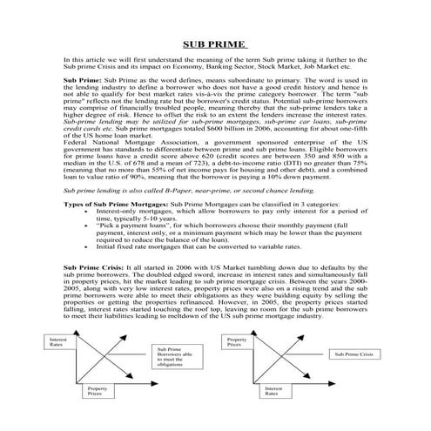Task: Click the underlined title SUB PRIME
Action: (215, 44)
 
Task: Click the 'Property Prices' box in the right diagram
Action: (239, 341)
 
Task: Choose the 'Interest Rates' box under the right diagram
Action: (275, 394)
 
